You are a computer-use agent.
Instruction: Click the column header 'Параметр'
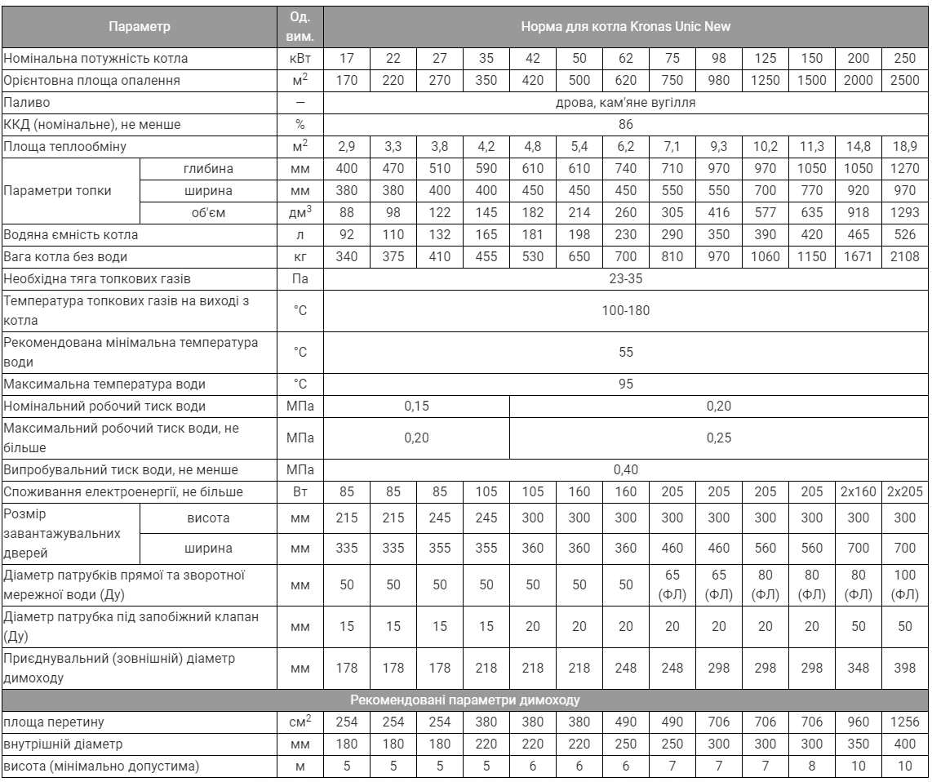[x=140, y=26]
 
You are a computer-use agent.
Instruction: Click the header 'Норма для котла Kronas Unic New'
[x=625, y=26]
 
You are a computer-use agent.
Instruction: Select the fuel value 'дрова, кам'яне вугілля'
[x=625, y=103]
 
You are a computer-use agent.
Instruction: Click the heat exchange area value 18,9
[x=903, y=147]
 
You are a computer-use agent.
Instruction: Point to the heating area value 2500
[x=903, y=81]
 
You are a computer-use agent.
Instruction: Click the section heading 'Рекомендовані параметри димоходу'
[x=465, y=700]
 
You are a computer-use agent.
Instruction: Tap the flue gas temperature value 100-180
[x=625, y=310]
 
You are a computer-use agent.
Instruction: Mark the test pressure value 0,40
[x=625, y=469]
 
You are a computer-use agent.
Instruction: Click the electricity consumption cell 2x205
[x=903, y=491]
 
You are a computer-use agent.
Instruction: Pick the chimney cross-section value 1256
[x=903, y=722]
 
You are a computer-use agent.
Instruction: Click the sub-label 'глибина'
[x=211, y=169]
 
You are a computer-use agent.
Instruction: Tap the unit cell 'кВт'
[x=301, y=59]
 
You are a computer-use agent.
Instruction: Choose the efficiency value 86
[x=625, y=125]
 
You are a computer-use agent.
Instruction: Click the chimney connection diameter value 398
[x=903, y=667]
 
